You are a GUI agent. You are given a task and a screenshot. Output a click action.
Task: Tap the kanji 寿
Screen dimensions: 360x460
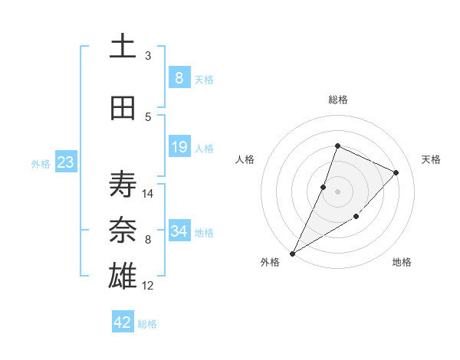click(x=123, y=184)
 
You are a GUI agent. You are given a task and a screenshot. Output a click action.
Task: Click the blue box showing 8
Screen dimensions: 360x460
click(x=179, y=78)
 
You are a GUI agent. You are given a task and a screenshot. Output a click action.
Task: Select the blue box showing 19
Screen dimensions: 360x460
click(x=179, y=147)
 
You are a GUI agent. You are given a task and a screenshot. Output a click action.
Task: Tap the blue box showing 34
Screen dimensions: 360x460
click(x=179, y=231)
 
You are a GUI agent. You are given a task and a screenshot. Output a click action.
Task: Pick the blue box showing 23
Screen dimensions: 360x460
click(x=64, y=162)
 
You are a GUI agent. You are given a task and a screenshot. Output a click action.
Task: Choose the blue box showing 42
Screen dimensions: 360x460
click(x=123, y=322)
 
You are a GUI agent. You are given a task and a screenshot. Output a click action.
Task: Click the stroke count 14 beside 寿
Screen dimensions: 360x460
click(x=149, y=193)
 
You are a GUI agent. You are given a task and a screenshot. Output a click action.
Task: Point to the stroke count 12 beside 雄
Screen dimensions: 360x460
click(x=149, y=286)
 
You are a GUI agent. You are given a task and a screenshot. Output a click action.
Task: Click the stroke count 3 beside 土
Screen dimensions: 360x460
click(x=148, y=55)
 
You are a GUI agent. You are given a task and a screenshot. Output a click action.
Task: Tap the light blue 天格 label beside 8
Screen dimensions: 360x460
click(x=204, y=80)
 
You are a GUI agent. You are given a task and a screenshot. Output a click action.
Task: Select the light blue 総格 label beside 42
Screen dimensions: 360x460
click(x=147, y=324)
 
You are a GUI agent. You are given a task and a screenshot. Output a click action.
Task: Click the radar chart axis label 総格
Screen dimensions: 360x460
click(x=337, y=100)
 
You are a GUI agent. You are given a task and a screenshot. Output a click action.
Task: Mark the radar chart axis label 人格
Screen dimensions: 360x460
click(x=245, y=159)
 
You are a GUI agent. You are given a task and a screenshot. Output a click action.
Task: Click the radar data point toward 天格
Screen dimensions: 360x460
click(x=396, y=172)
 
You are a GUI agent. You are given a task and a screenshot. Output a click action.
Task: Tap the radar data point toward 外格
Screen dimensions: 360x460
click(x=292, y=253)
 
